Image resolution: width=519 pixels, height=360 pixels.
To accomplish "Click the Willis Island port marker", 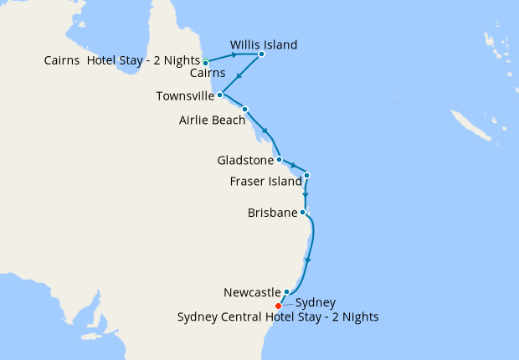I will tap(261, 54).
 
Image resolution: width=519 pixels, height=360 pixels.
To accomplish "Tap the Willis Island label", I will tap(264, 44).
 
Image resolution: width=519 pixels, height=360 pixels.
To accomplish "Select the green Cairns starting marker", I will tap(205, 62).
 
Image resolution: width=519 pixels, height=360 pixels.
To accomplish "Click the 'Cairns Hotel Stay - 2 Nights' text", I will tap(121, 61).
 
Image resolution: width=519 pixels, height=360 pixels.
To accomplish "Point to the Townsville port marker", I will tap(219, 95).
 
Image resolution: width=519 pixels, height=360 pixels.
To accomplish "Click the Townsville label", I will tap(185, 96).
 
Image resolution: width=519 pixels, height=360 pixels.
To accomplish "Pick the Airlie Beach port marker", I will tap(244, 109).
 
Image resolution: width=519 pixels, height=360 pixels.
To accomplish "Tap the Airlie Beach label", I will tap(212, 120).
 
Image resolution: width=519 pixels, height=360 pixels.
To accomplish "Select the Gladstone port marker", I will tap(279, 159).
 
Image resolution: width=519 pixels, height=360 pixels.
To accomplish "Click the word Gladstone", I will tap(244, 159).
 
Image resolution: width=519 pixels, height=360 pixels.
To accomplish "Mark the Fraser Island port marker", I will tap(307, 176).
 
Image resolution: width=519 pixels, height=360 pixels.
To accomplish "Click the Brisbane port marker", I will tap(302, 213).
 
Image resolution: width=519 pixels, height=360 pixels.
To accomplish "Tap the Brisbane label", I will tap(272, 213).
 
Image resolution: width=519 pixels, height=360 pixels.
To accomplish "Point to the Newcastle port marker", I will tap(286, 292).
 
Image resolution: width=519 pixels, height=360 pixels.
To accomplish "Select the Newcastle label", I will tap(252, 293).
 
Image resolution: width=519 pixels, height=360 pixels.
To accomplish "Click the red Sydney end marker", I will tap(278, 306).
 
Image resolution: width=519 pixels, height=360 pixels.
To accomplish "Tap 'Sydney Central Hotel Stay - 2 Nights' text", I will tap(279, 317).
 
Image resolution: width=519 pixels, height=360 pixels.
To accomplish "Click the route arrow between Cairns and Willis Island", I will tap(234, 56).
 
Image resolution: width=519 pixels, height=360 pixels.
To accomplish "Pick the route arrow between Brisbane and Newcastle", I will tap(308, 260).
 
